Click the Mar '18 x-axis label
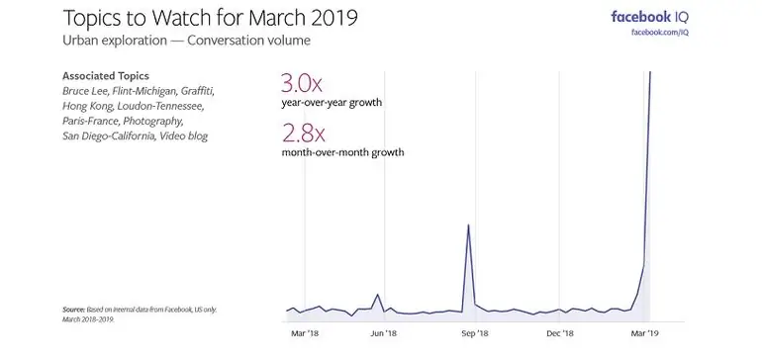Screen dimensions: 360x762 pyautogui.click(x=305, y=335)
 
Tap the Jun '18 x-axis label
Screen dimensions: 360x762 pyautogui.click(x=384, y=335)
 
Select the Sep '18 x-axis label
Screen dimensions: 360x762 pyautogui.click(x=475, y=335)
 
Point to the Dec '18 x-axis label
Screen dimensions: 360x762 pyautogui.click(x=561, y=335)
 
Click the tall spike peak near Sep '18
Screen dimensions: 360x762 pyautogui.click(x=468, y=225)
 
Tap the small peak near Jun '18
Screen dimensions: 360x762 pyautogui.click(x=377, y=295)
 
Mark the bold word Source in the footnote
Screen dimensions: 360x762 pyautogui.click(x=74, y=310)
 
